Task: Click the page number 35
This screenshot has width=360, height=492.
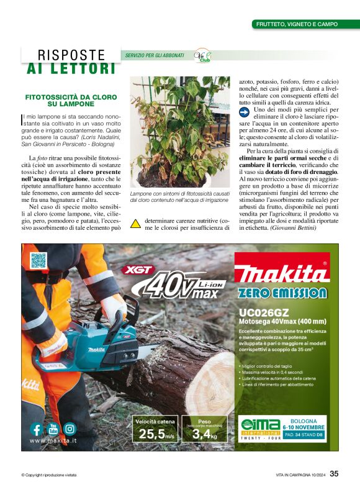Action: coord(334,475)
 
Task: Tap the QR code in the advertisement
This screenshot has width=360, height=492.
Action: coord(38,261)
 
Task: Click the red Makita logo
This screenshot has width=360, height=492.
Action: coord(281,273)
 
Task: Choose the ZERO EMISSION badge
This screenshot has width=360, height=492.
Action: coord(282,293)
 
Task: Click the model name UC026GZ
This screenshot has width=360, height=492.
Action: coord(261,312)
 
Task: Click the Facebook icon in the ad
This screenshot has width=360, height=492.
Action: coord(37,429)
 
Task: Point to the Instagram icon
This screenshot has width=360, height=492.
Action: coord(70,429)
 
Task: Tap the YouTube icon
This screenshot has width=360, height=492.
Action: coord(53,428)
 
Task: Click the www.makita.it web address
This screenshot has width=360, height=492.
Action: coord(53,440)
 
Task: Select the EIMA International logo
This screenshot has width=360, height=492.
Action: coord(259,429)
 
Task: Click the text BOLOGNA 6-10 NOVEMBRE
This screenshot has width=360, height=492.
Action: coord(304,424)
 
